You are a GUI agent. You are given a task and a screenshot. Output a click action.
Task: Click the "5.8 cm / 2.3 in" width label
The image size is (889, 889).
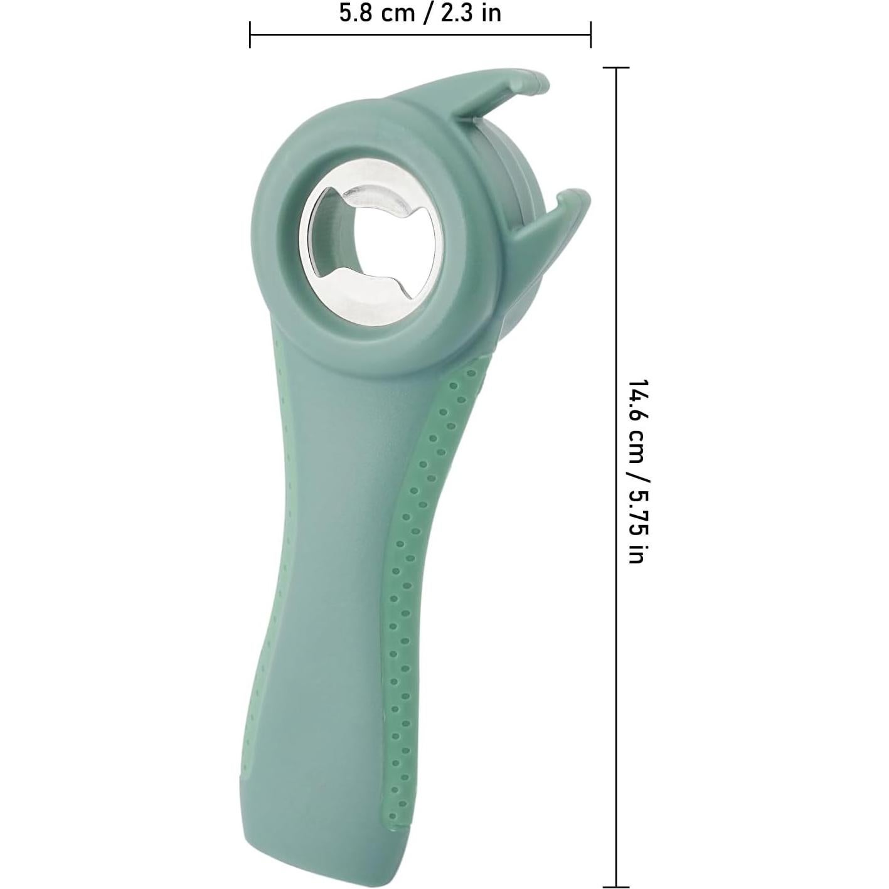tap(420, 13)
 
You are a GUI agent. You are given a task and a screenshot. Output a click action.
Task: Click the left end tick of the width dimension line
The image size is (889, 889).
tap(250, 35)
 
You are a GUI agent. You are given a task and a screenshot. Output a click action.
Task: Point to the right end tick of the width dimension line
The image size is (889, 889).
tap(590, 35)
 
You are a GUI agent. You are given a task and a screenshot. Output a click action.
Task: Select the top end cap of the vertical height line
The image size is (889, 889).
tap(617, 68)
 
